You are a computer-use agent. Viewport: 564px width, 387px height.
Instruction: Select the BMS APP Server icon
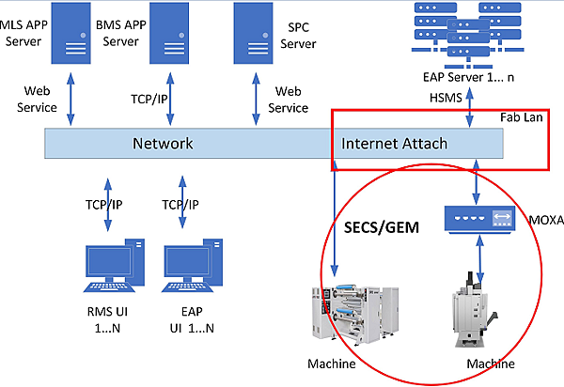(169, 32)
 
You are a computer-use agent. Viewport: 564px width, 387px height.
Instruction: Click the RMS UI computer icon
(111, 268)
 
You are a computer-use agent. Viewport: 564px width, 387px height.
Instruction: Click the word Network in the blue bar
(162, 144)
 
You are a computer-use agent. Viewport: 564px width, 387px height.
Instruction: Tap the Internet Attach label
(395, 144)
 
